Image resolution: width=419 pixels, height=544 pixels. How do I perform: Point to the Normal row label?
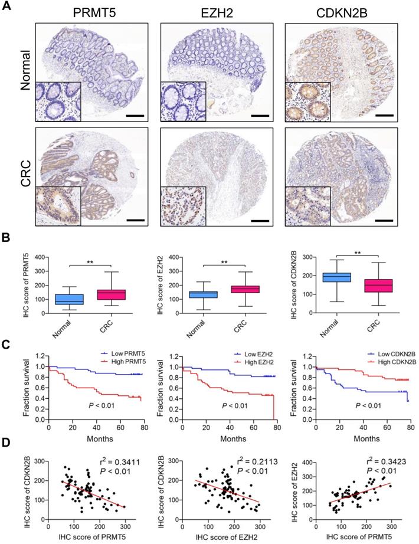(x=24, y=68)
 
